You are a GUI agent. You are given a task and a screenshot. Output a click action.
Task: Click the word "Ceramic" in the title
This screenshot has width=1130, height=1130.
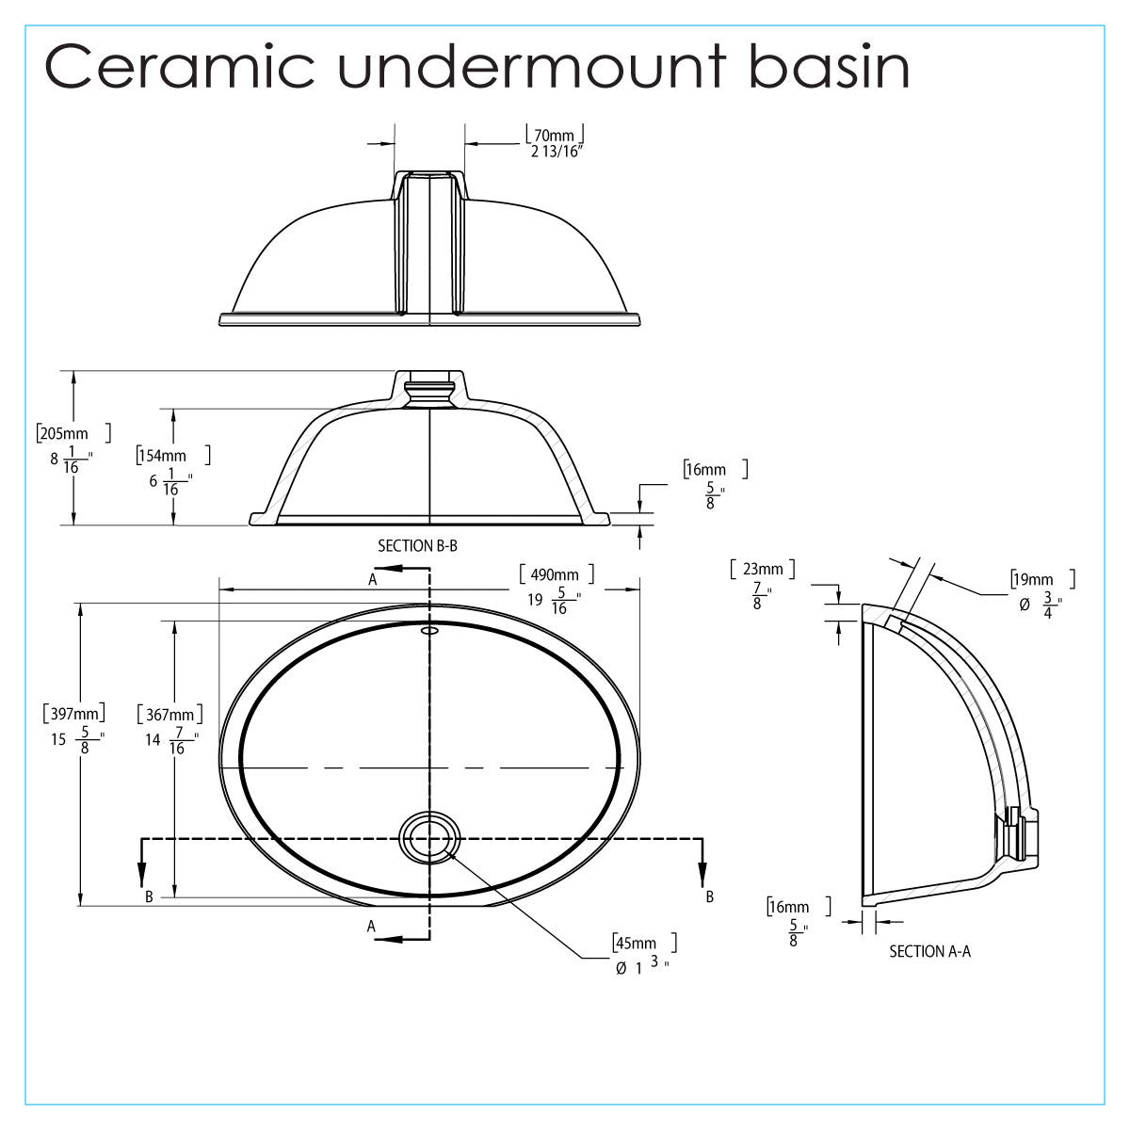click(x=180, y=67)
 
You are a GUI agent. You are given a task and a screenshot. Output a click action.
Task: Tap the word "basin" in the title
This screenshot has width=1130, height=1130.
click(x=830, y=66)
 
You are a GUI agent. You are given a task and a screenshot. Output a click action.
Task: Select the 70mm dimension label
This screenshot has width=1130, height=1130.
click(x=554, y=136)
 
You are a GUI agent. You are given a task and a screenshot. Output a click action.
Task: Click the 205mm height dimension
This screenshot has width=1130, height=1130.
click(x=64, y=434)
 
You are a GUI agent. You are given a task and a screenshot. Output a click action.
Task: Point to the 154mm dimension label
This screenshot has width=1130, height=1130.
click(x=162, y=456)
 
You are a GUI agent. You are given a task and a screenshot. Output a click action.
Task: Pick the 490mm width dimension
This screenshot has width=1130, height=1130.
click(x=554, y=574)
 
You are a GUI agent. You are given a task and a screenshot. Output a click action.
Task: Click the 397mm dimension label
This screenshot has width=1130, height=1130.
click(x=73, y=714)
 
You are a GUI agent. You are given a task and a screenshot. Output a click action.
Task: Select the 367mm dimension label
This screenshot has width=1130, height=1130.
click(x=169, y=715)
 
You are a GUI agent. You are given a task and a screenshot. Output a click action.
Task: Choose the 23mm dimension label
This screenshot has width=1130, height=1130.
click(x=763, y=569)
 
